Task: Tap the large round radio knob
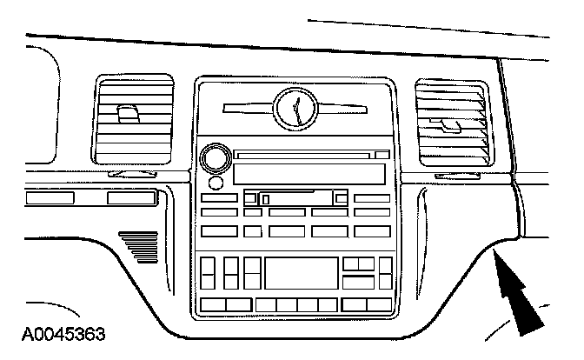(x=214, y=159)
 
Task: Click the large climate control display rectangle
(x=301, y=274)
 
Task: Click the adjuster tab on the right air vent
(x=450, y=125)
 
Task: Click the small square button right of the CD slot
(x=383, y=155)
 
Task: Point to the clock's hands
(x=297, y=109)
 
